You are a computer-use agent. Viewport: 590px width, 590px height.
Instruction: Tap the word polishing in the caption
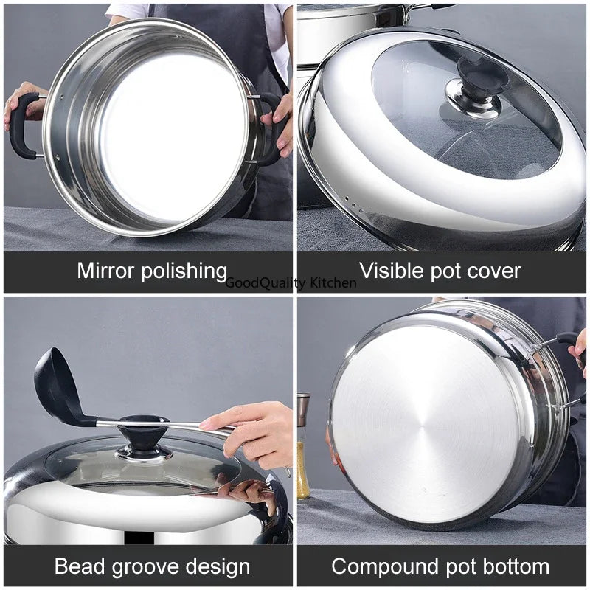point(184,271)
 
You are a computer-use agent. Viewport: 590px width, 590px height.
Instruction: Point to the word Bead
point(80,566)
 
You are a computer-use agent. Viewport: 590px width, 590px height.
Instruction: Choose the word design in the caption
point(218,567)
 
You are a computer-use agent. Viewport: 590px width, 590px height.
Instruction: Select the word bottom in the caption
point(516,566)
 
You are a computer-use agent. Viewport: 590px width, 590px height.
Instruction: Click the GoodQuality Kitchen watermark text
point(291,282)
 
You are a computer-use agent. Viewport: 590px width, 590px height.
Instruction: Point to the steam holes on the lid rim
point(354,204)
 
